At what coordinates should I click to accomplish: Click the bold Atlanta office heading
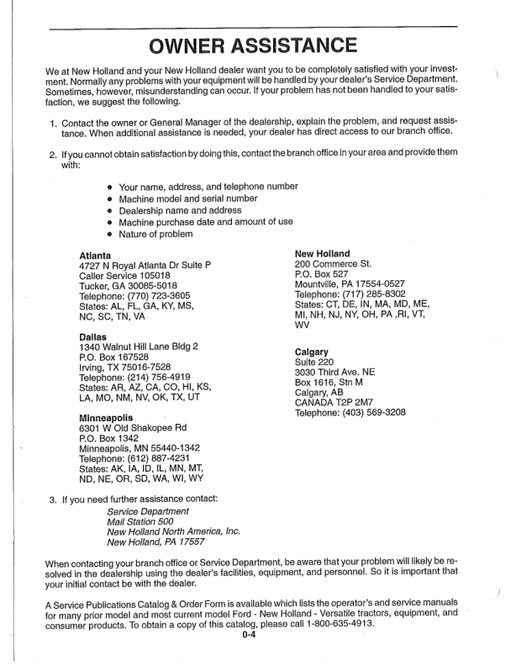pos(94,254)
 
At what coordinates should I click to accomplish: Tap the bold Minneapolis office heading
pos(108,417)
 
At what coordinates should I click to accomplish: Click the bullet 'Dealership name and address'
pos(180,209)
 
